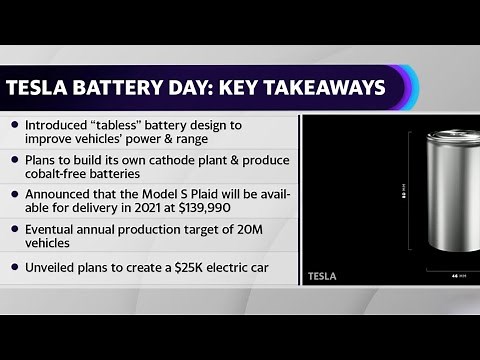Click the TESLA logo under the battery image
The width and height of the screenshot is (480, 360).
click(323, 275)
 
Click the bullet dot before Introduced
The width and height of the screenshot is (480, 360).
click(14, 124)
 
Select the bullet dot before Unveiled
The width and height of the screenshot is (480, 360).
click(14, 267)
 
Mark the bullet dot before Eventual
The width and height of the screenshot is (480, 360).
click(14, 229)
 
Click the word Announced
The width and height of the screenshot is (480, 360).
click(59, 195)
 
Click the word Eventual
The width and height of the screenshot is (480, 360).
click(50, 228)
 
